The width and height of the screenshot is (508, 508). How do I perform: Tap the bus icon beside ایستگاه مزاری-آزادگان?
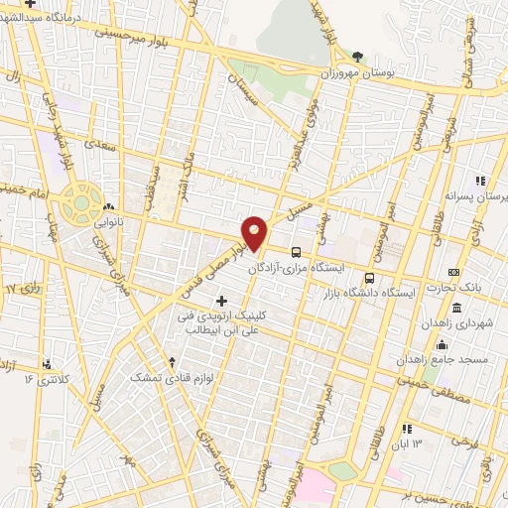[x=296, y=251]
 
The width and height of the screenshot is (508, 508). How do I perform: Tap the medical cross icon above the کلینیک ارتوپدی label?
[x=220, y=300]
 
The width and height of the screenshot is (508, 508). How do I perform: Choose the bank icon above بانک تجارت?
[x=454, y=272]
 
